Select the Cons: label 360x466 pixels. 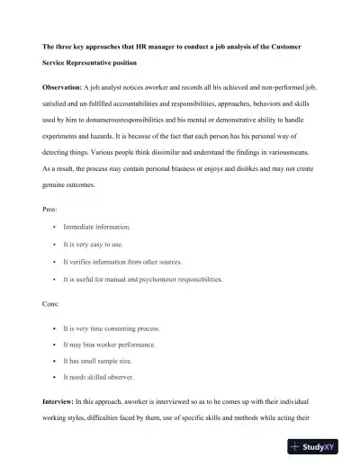[51, 305]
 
